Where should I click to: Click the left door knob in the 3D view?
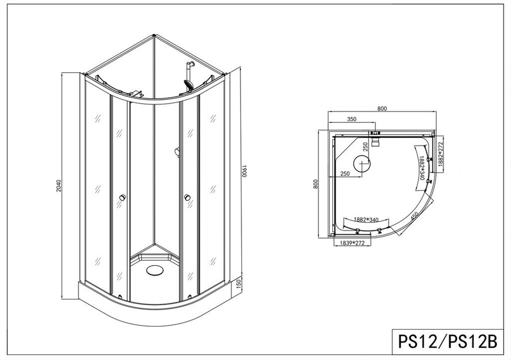(120, 199)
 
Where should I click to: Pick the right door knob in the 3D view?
(188, 199)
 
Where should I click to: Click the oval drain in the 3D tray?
(155, 270)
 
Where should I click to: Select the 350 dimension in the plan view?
(351, 119)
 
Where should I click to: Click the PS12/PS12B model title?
(447, 342)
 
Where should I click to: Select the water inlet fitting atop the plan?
(376, 134)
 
